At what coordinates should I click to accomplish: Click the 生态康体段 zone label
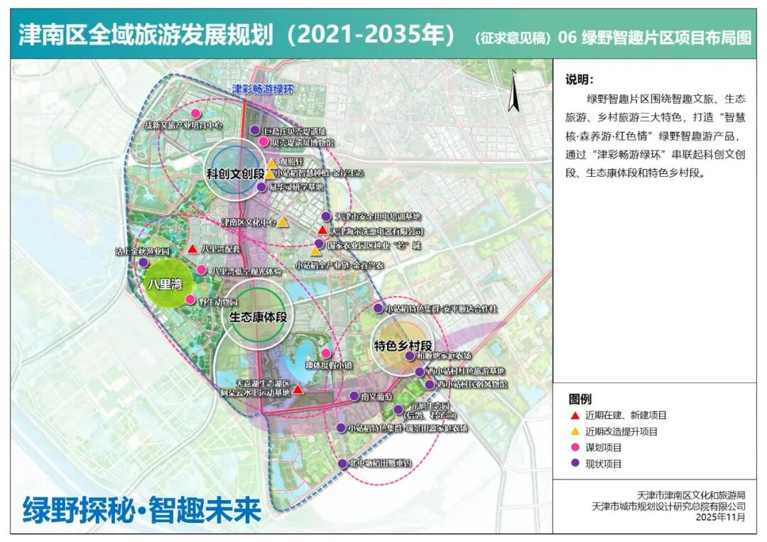(x=259, y=317)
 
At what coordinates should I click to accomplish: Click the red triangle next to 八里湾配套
(x=192, y=249)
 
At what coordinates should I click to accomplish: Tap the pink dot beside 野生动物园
(x=190, y=300)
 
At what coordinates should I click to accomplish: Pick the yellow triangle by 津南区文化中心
(x=283, y=222)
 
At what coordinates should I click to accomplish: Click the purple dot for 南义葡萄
(x=354, y=396)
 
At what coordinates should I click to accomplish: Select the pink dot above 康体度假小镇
(x=326, y=353)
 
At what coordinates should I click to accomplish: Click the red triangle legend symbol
(x=574, y=415)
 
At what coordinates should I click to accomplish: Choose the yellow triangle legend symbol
(x=574, y=431)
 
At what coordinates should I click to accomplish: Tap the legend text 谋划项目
(x=604, y=448)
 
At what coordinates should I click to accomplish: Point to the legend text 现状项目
(x=604, y=464)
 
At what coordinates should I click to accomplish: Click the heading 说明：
(x=580, y=79)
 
